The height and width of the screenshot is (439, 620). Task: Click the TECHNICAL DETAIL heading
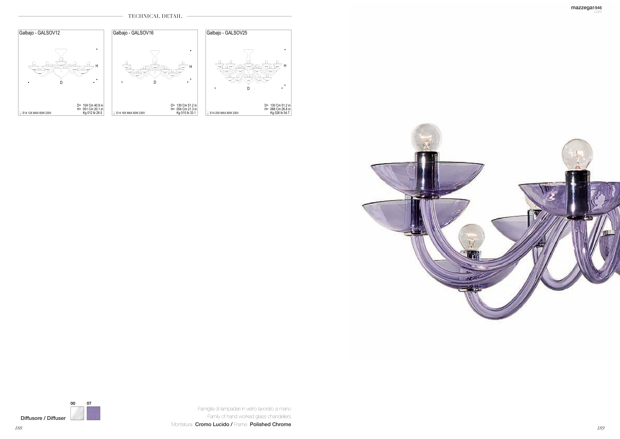pyautogui.click(x=155, y=16)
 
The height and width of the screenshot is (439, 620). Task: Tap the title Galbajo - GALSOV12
pyautogui.click(x=39, y=33)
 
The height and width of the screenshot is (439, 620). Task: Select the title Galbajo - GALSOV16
pyautogui.click(x=133, y=33)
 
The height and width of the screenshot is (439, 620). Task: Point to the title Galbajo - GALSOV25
pyautogui.click(x=227, y=33)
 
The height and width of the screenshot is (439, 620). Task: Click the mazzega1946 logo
pyautogui.click(x=586, y=9)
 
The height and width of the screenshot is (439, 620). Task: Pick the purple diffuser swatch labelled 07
pyautogui.click(x=93, y=413)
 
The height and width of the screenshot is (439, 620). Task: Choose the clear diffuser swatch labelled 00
pyautogui.click(x=77, y=413)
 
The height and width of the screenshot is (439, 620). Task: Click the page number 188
pyautogui.click(x=19, y=428)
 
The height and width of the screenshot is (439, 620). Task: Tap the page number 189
pyautogui.click(x=601, y=428)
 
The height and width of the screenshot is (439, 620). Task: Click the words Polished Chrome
pyautogui.click(x=270, y=424)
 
